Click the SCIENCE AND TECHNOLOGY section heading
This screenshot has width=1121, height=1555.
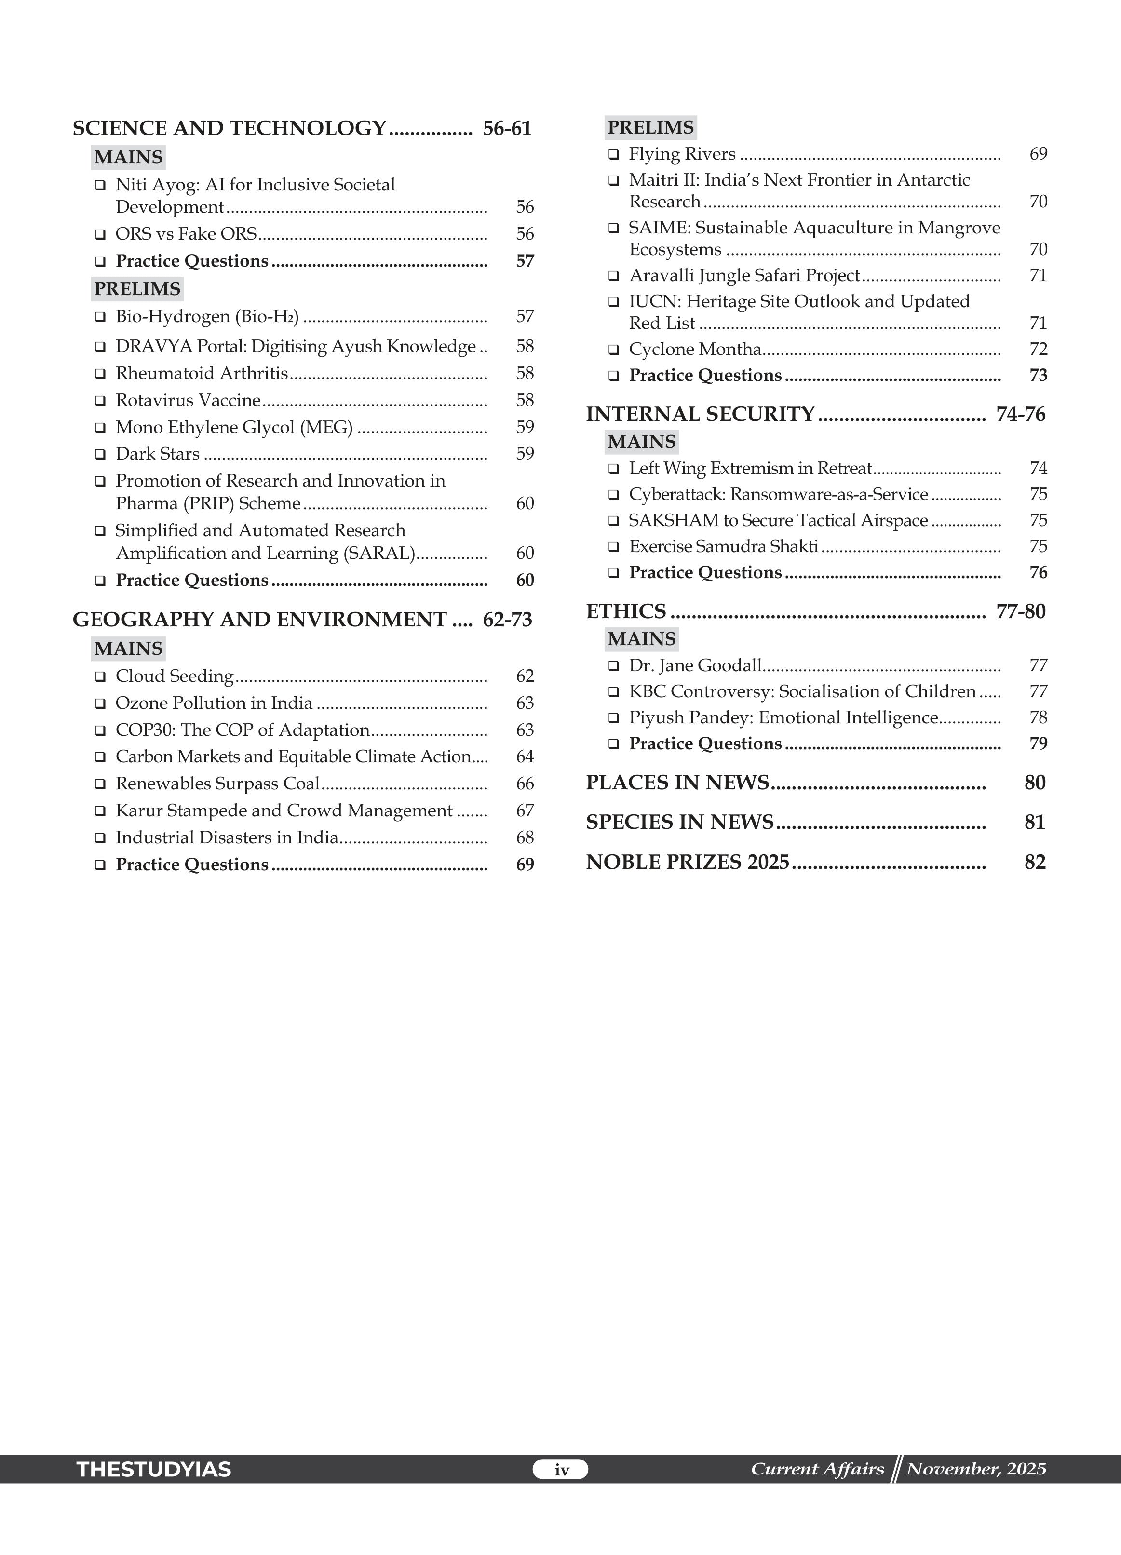click(230, 128)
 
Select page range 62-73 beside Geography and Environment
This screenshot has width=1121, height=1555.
click(507, 620)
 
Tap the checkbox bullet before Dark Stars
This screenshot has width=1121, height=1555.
click(100, 454)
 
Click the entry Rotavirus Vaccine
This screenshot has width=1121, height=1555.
click(188, 400)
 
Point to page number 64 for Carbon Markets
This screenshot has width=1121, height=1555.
click(525, 757)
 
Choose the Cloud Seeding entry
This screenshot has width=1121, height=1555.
click(174, 676)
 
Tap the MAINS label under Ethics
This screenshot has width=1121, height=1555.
click(641, 639)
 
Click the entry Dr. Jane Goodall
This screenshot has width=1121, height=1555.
click(695, 666)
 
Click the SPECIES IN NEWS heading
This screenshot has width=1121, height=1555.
click(679, 823)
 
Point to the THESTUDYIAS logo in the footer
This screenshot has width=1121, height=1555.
click(154, 1469)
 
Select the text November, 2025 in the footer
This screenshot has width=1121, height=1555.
click(976, 1469)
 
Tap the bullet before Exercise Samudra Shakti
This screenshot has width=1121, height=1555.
click(614, 547)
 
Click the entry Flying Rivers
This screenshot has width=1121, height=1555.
click(682, 154)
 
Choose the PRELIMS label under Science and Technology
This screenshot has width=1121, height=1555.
click(137, 289)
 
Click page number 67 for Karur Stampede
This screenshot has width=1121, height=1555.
click(525, 811)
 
